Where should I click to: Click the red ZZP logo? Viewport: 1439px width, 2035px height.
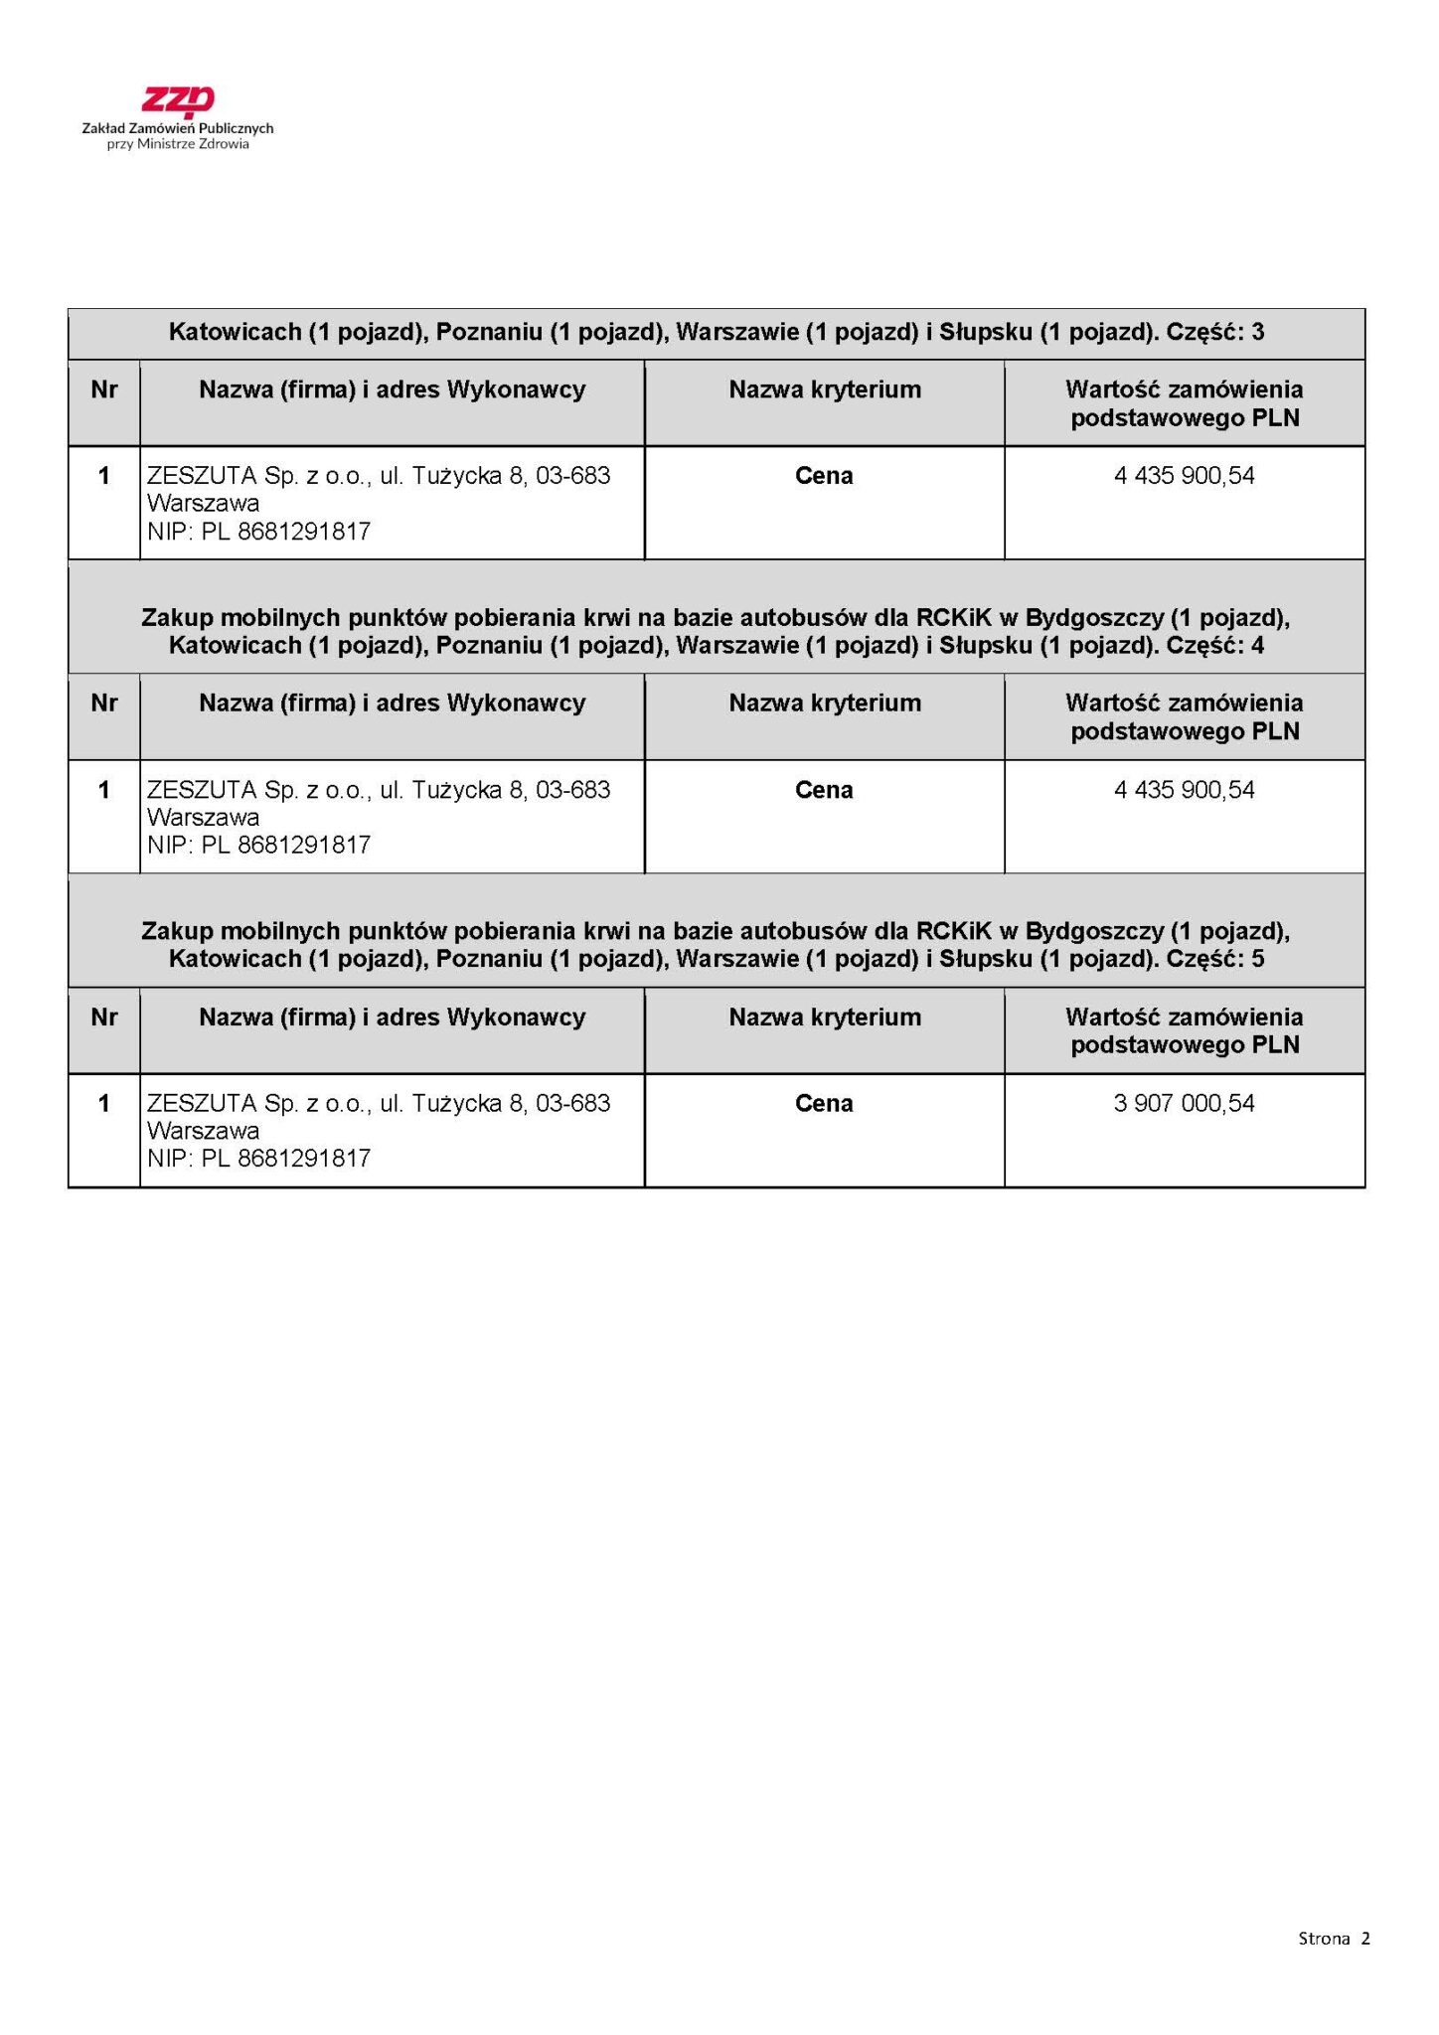point(178,101)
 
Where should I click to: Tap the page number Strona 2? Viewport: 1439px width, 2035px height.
point(1334,1938)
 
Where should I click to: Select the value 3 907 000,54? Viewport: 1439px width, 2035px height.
point(1184,1103)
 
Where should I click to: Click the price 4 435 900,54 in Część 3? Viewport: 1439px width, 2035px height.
point(1184,476)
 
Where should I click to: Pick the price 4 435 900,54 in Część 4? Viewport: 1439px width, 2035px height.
point(1184,790)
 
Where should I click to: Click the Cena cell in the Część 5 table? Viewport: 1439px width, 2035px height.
point(824,1103)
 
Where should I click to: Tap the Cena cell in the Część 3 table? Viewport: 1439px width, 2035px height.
point(824,476)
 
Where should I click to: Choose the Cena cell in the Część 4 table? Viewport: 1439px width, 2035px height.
point(824,790)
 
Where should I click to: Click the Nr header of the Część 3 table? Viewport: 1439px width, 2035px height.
point(103,390)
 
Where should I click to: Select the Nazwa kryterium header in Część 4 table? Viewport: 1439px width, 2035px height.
point(824,704)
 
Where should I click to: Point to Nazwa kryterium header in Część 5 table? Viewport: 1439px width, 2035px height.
point(824,1017)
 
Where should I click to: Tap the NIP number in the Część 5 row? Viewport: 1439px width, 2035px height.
point(258,1159)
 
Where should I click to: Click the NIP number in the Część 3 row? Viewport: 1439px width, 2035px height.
point(258,532)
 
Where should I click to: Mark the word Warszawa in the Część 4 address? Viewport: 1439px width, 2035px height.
point(203,818)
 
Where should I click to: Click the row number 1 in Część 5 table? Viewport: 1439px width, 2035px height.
point(103,1103)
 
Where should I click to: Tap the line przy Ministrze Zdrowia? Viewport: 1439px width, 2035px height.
point(178,144)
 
